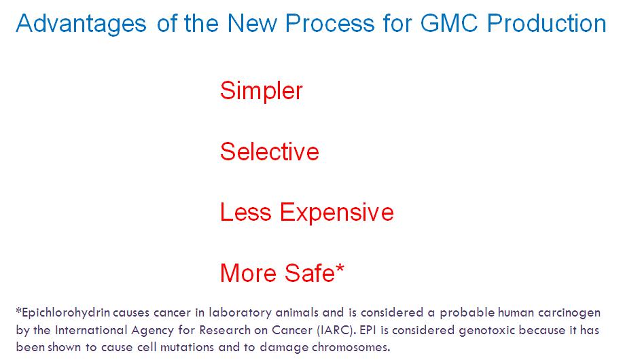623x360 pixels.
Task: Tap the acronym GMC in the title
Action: coord(449,22)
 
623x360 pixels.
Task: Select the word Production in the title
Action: coord(547,22)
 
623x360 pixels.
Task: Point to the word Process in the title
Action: coord(330,22)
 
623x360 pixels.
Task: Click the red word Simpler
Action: coord(262,91)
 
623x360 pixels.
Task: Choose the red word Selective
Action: coord(270,151)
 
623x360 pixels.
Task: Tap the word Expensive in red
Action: coord(337,213)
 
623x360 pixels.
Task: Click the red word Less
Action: coord(245,212)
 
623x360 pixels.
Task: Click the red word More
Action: coord(248,273)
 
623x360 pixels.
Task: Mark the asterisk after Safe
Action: coord(340,268)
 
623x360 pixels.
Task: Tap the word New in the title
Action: coord(251,22)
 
